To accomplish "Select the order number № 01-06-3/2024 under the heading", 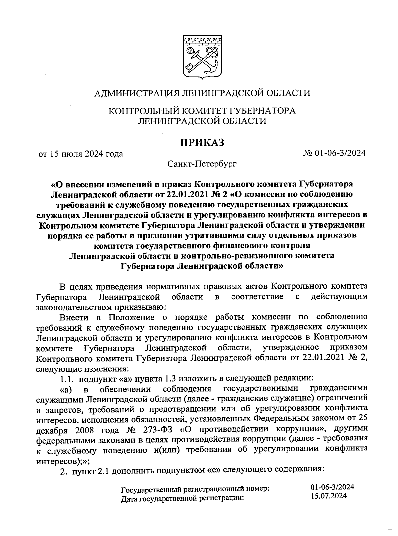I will (334, 153).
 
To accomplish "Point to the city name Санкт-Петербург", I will (202, 164).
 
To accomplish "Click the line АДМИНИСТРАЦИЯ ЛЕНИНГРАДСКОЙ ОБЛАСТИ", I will (202, 93).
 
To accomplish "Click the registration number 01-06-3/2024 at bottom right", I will (332, 487).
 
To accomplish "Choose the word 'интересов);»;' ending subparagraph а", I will (63, 461).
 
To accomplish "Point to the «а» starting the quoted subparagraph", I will (66, 389).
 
